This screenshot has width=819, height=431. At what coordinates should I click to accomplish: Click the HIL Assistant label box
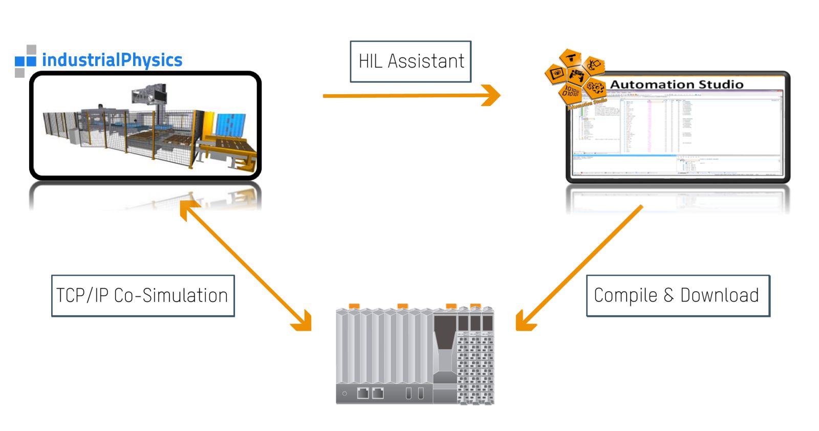click(x=411, y=61)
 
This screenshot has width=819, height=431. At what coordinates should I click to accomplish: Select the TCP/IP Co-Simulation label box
click(x=143, y=296)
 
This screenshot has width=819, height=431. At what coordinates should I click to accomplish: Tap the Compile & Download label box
click(x=678, y=296)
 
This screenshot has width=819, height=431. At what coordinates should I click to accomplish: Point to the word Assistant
click(x=426, y=61)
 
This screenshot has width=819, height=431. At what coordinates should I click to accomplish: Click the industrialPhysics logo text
click(x=112, y=60)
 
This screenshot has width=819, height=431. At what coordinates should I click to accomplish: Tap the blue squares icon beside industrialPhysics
click(x=26, y=61)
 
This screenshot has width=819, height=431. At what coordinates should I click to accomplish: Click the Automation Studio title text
click(x=677, y=84)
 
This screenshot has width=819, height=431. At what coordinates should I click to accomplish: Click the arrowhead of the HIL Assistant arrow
click(x=492, y=95)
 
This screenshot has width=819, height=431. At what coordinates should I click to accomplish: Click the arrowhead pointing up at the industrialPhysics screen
click(x=187, y=208)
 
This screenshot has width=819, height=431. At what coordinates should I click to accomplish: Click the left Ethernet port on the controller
click(x=363, y=393)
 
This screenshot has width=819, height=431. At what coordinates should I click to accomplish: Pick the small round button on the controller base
click(x=344, y=394)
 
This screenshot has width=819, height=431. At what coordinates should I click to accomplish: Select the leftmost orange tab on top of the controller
click(x=354, y=306)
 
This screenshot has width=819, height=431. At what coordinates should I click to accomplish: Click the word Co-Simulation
click(x=170, y=296)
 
